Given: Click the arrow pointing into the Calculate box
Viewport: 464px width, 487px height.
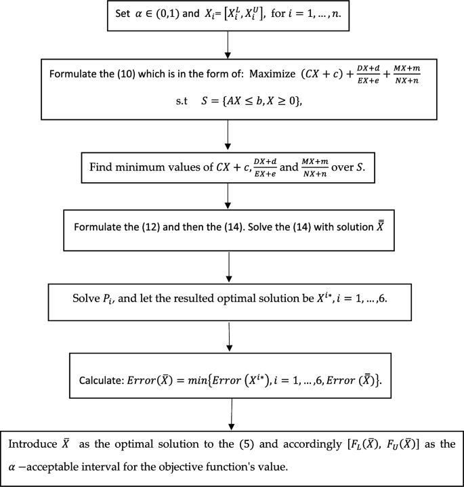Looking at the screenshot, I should (232, 338).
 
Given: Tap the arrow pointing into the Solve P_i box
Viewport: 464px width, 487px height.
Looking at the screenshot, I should (232, 271).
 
